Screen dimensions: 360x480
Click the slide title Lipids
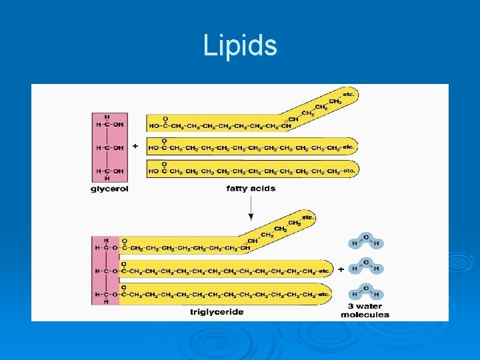click(240, 46)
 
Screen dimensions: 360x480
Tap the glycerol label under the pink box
click(109, 189)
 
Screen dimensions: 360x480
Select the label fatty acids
click(251, 189)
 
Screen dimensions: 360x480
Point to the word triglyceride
click(217, 311)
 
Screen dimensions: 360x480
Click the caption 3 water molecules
click(365, 311)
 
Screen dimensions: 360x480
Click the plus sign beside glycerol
click(135, 145)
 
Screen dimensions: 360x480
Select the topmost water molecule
click(365, 241)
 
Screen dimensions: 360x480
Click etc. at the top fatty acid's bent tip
click(348, 95)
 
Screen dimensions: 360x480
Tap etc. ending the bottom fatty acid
click(348, 171)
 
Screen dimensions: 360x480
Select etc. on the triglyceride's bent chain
click(307, 217)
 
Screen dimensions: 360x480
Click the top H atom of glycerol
click(107, 117)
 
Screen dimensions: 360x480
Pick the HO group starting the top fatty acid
click(154, 126)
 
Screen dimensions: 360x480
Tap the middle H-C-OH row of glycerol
click(109, 147)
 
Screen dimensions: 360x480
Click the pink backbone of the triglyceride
click(105, 271)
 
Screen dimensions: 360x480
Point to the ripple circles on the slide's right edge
click(461, 263)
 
